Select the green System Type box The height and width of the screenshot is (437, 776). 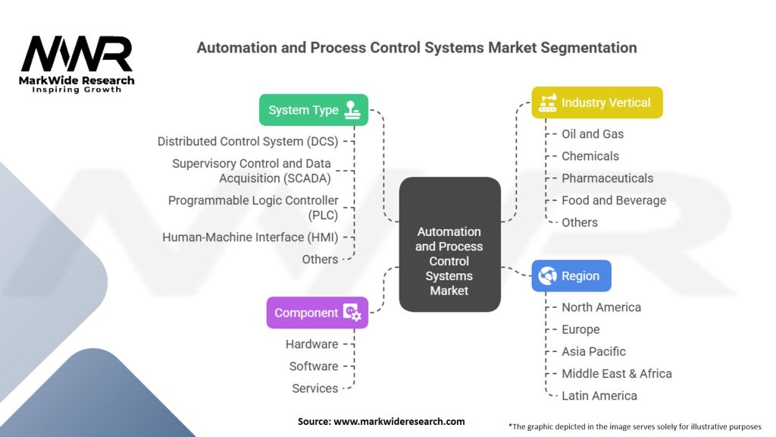tap(314, 110)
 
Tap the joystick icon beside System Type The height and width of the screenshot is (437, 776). tap(352, 110)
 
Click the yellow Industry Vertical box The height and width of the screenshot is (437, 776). tap(596, 102)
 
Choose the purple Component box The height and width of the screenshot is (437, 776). tap(317, 313)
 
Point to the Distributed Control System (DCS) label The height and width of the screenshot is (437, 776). tap(248, 141)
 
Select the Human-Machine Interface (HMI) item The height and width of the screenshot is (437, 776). tap(250, 237)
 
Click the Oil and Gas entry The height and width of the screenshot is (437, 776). tap(593, 134)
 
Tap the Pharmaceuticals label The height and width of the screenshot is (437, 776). tap(607, 178)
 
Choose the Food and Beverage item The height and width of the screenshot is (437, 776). tap(614, 200)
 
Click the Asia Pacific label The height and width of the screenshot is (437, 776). tap(593, 351)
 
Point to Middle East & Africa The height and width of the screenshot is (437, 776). tap(616, 373)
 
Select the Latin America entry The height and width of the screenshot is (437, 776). tap(599, 395)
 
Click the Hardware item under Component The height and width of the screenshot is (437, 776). tap(311, 344)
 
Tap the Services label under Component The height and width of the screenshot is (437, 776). tap(314, 388)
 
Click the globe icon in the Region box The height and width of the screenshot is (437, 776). tap(547, 276)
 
